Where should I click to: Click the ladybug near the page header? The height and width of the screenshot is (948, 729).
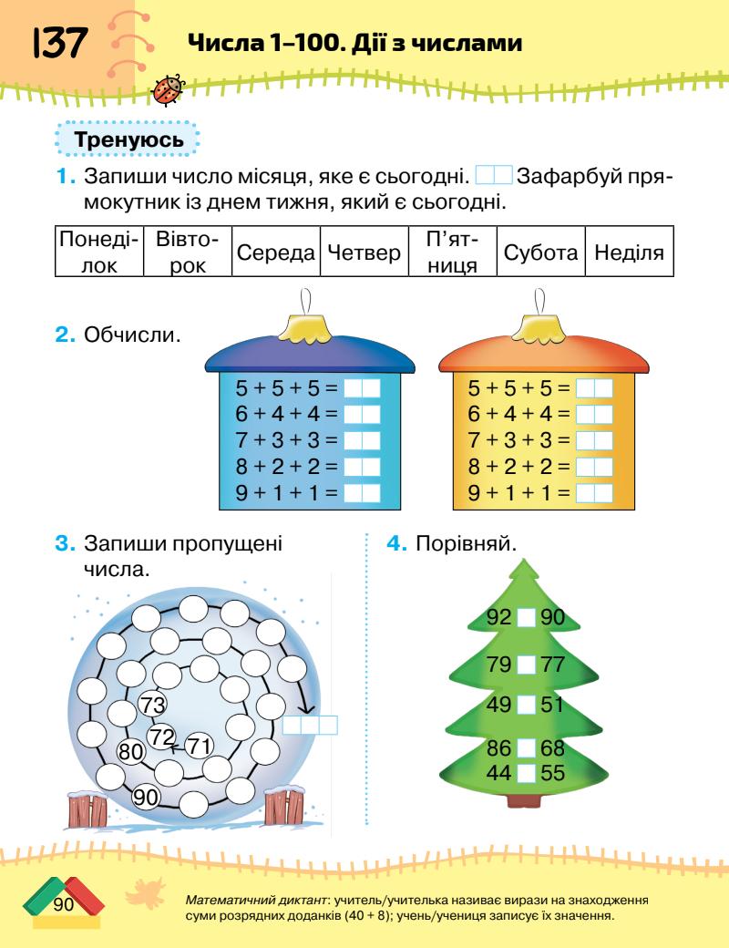tap(169, 88)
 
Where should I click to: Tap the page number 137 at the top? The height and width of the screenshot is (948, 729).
tap(60, 42)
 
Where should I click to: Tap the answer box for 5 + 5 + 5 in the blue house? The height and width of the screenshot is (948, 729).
tap(364, 387)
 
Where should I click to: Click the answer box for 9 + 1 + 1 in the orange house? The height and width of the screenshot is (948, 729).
tap(596, 493)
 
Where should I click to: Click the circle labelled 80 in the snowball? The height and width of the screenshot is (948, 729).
tap(132, 751)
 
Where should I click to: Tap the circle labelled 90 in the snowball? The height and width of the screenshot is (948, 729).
tap(146, 796)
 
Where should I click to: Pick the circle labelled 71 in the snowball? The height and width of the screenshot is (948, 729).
tap(198, 745)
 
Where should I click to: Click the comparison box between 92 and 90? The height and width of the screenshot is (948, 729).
tap(526, 618)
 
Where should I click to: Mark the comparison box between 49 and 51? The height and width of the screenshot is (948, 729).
tap(526, 704)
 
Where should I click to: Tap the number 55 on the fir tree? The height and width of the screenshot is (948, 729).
tap(553, 774)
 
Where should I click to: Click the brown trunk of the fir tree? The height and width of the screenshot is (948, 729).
tap(526, 800)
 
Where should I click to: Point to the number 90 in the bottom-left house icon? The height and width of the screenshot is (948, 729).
tap(62, 904)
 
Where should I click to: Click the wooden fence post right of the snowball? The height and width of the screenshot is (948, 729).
tap(284, 807)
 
